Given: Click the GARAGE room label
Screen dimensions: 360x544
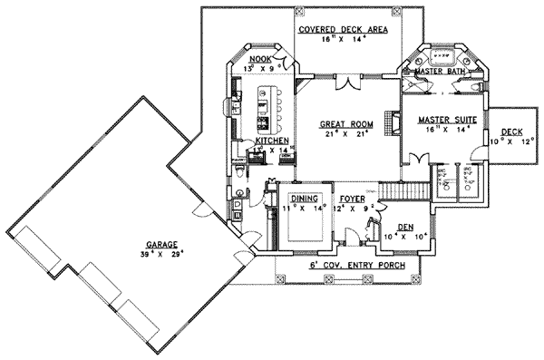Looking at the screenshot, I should pos(159,243).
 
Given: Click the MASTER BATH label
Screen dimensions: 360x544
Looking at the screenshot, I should pos(440,72).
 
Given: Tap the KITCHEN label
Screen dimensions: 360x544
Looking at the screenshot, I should pos(271,142).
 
